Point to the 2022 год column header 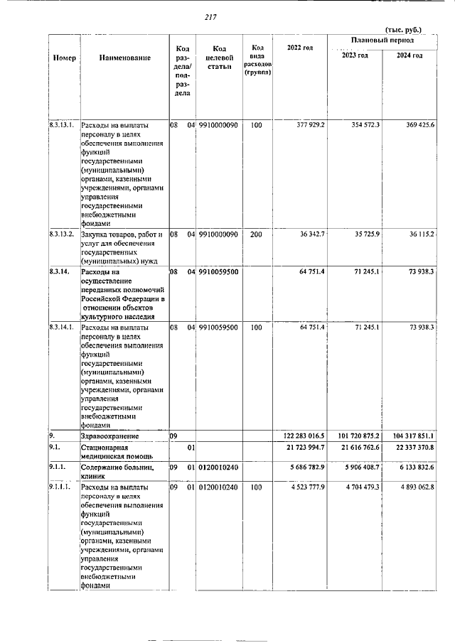point(299,47)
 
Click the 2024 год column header point(409,55)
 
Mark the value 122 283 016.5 point(299,435)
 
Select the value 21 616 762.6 point(355,448)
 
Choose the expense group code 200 point(257,234)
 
